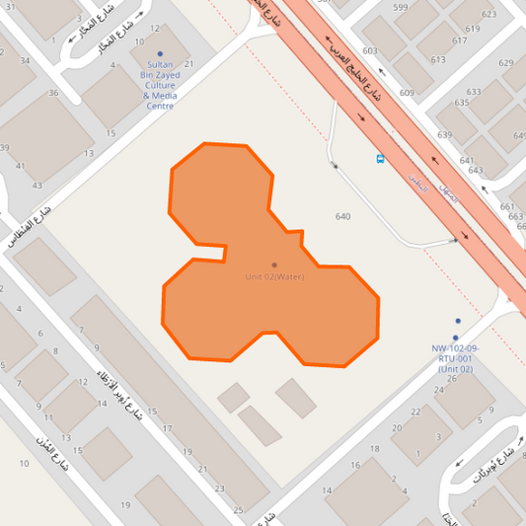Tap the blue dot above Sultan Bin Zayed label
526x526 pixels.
pyautogui.click(x=160, y=53)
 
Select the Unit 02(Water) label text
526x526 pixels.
pyautogui.click(x=274, y=276)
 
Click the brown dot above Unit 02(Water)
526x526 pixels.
pyautogui.click(x=274, y=264)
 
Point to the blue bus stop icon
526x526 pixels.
pyautogui.click(x=381, y=158)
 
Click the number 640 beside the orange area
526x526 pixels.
pyautogui.click(x=343, y=216)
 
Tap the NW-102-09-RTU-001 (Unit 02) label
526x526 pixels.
pyautogui.click(x=454, y=358)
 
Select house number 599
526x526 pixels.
pyautogui.click(x=400, y=8)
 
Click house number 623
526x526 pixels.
pyautogui.click(x=488, y=15)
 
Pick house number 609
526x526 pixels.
pyautogui.click(x=407, y=93)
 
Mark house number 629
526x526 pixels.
pyautogui.click(x=506, y=63)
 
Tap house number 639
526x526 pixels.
pyautogui.click(x=444, y=135)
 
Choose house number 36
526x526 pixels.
pyautogui.click(x=53, y=94)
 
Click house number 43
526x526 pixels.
pyautogui.click(x=38, y=185)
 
